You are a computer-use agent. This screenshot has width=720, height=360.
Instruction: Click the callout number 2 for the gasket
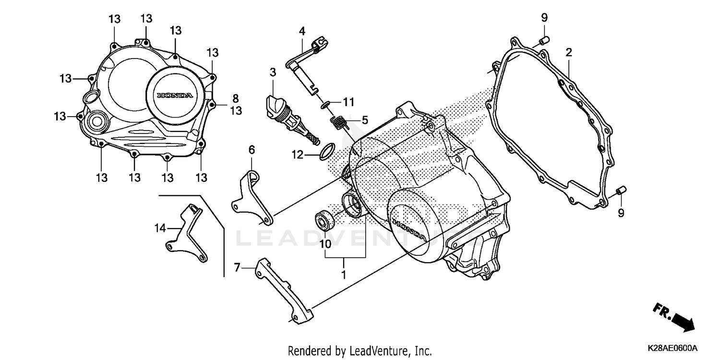[569, 52]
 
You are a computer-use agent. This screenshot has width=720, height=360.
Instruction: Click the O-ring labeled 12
[326, 151]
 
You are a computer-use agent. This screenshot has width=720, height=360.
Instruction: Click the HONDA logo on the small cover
[175, 96]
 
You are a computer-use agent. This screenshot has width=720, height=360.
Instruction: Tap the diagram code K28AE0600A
[673, 348]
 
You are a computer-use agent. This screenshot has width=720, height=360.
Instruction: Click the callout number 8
[235, 98]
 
